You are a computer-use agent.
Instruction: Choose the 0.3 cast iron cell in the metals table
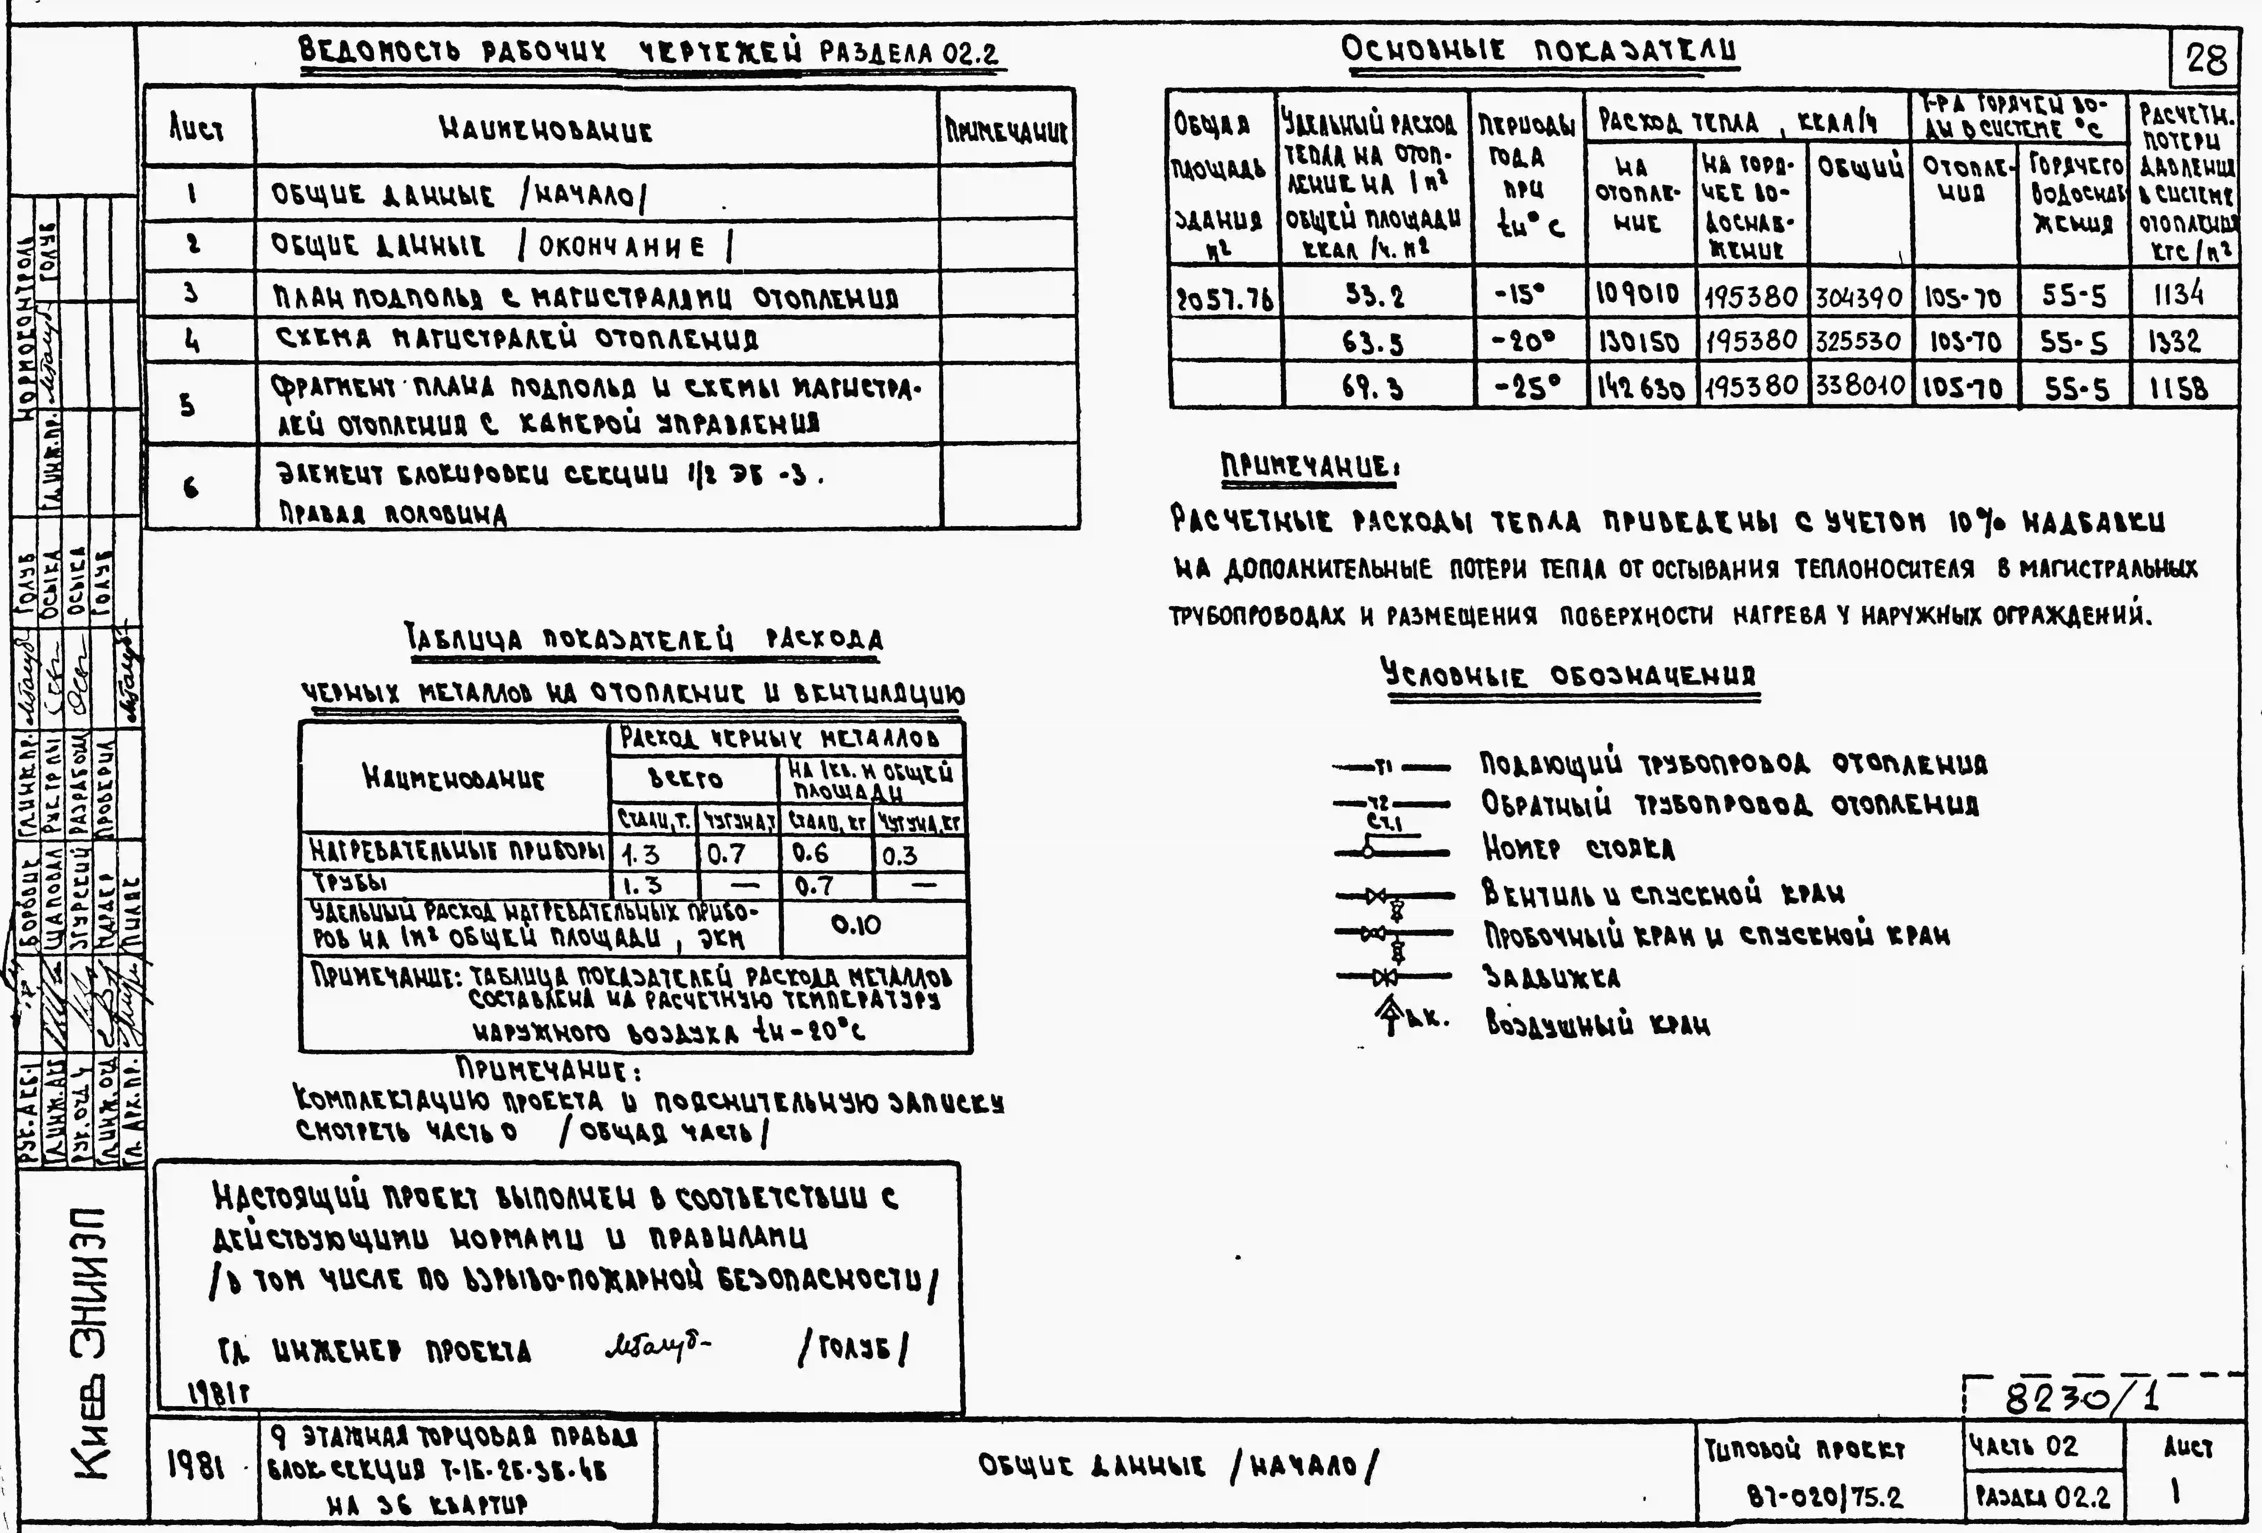pyautogui.click(x=900, y=854)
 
